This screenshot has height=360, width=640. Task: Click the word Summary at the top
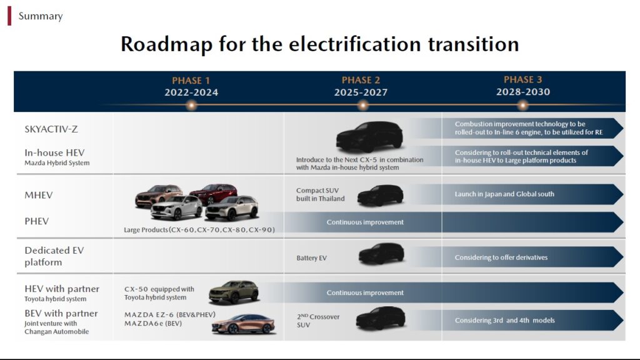click(41, 16)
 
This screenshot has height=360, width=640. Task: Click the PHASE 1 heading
click(191, 81)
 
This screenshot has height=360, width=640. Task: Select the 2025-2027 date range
click(361, 92)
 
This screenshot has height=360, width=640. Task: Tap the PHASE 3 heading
click(523, 79)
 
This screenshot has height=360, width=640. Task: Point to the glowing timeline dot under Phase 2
click(362, 105)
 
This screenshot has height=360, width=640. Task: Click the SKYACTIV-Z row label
click(51, 129)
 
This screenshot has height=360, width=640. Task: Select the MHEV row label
click(39, 195)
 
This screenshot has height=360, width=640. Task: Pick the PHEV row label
click(37, 221)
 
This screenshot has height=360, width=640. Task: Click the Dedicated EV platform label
click(54, 256)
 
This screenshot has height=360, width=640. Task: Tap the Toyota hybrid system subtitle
click(56, 299)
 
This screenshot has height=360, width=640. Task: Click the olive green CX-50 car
click(234, 292)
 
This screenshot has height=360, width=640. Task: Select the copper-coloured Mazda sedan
click(243, 324)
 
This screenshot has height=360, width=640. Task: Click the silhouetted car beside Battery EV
click(381, 254)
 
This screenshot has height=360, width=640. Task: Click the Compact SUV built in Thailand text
click(321, 195)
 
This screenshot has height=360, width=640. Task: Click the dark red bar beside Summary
click(9, 16)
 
